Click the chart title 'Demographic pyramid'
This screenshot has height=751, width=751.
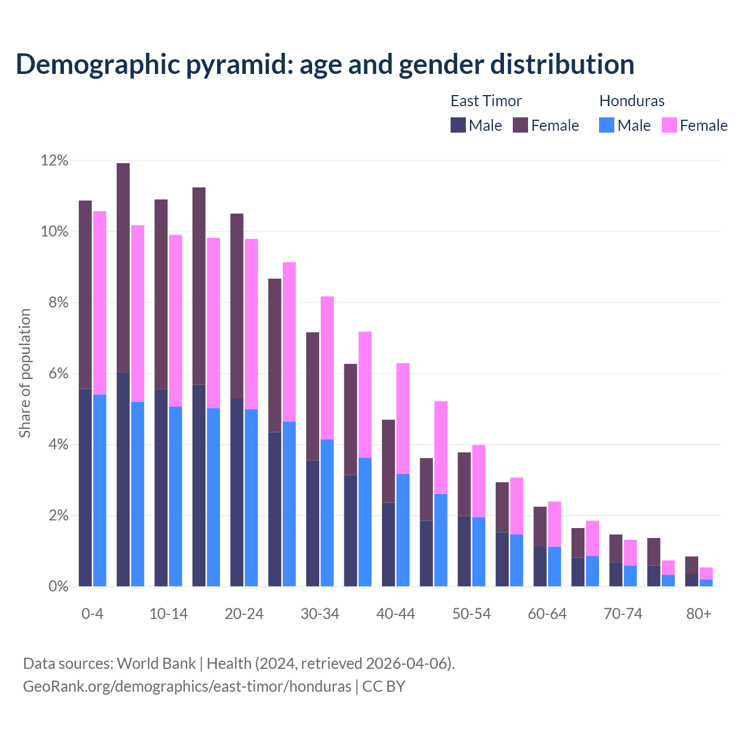pyautogui.click(x=324, y=64)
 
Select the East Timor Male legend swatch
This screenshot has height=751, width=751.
pyautogui.click(x=458, y=125)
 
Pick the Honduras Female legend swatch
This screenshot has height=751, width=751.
pyautogui.click(x=669, y=125)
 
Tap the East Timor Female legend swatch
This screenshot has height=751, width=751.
pyautogui.click(x=520, y=125)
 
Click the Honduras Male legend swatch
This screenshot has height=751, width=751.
pyautogui.click(x=607, y=125)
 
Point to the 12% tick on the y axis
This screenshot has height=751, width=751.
pyautogui.click(x=54, y=160)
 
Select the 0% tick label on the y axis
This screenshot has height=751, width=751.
pyautogui.click(x=57, y=586)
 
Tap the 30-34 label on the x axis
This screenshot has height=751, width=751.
pyautogui.click(x=320, y=614)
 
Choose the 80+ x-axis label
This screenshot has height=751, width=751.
pyautogui.click(x=699, y=614)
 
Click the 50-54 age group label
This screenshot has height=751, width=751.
pyautogui.click(x=471, y=614)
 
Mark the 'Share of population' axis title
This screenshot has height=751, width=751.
pyautogui.click(x=25, y=373)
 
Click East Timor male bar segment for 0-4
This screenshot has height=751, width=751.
pyautogui.click(x=85, y=487)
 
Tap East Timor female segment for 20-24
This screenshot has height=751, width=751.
pyautogui.click(x=236, y=306)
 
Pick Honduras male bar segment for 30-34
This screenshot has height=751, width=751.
pyautogui.click(x=327, y=513)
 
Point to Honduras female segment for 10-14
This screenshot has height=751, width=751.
pyautogui.click(x=175, y=320)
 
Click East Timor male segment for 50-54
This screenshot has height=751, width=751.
pyautogui.click(x=464, y=551)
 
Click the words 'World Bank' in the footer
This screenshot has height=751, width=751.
pyautogui.click(x=156, y=664)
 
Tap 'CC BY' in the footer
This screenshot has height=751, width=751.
pyautogui.click(x=384, y=686)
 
